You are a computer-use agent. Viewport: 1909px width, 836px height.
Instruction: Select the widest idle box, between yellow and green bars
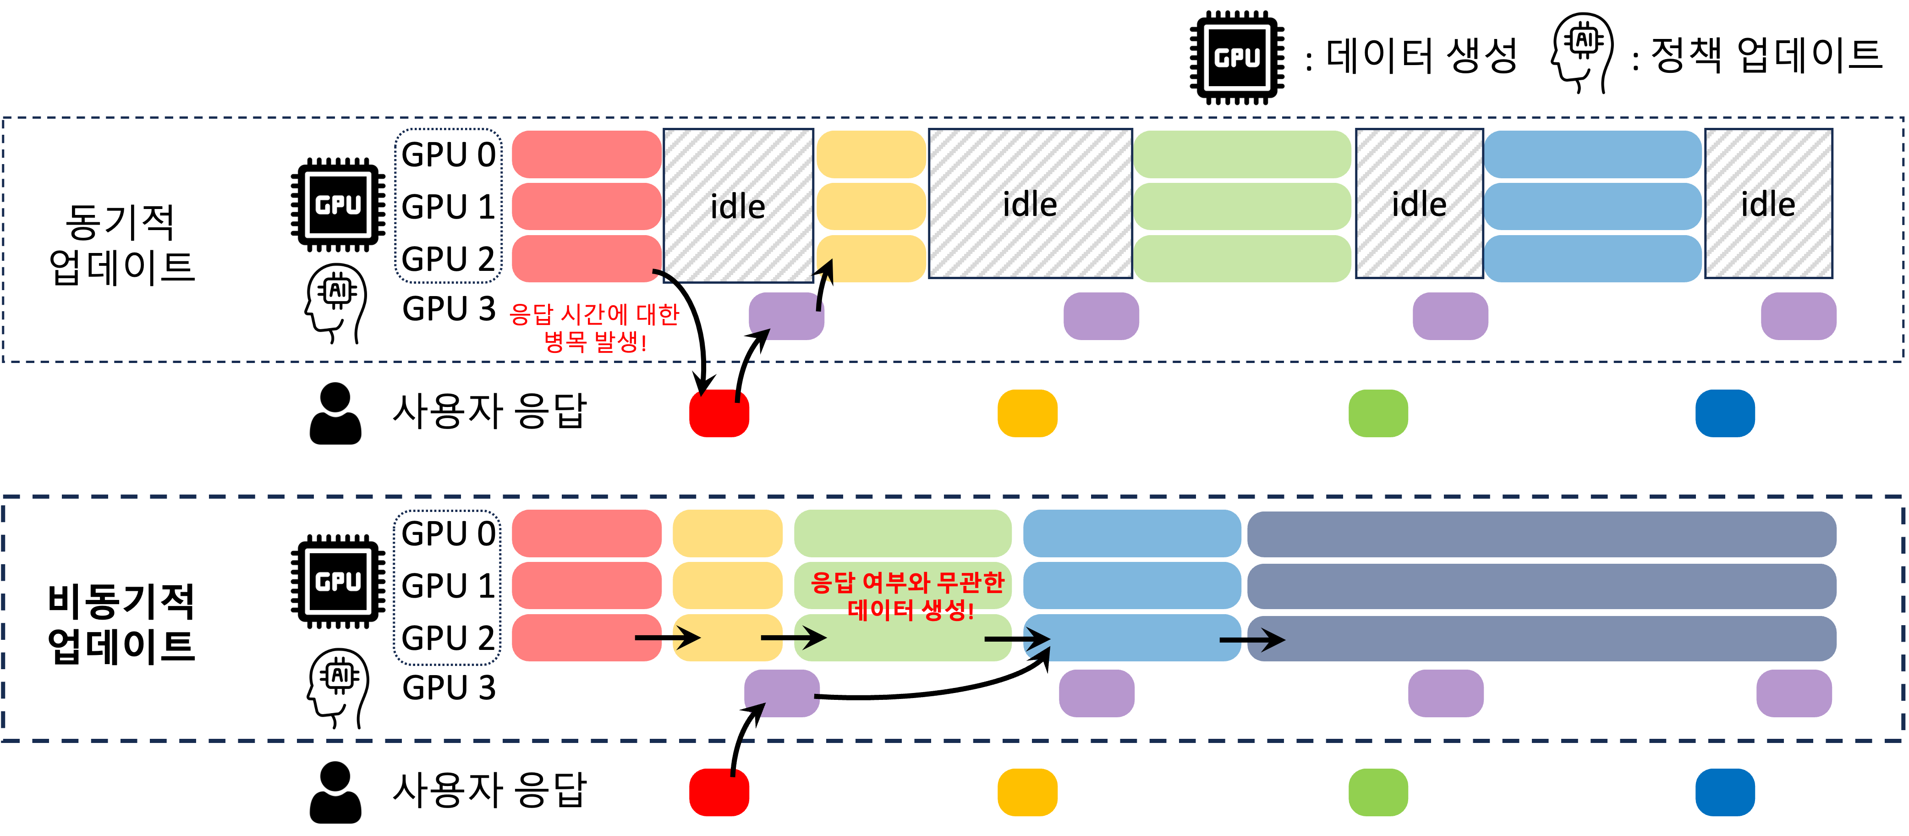[1030, 204]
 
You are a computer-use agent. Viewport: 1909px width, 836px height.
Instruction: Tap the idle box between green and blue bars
[1418, 204]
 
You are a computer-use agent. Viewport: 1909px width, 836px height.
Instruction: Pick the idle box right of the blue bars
[1768, 204]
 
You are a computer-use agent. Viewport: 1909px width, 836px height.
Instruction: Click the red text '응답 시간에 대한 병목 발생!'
[594, 328]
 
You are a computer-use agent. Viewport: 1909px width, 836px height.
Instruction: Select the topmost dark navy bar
[1541, 533]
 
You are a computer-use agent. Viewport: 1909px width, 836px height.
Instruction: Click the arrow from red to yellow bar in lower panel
[667, 638]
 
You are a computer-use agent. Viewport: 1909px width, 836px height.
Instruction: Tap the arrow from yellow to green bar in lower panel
[793, 638]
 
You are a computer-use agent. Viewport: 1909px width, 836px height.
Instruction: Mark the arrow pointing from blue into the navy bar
[1252, 639]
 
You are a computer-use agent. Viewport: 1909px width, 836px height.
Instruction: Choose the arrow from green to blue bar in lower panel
[1017, 639]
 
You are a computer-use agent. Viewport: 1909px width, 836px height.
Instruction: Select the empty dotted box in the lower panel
[447, 587]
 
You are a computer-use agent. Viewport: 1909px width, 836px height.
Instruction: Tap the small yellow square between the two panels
[1027, 413]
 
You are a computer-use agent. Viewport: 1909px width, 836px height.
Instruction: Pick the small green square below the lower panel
[1377, 792]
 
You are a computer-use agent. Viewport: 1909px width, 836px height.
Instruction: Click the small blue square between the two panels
[1724, 413]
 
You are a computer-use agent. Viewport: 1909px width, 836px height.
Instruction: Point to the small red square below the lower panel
[719, 792]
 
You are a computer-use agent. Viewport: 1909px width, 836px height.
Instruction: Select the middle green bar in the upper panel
[1242, 206]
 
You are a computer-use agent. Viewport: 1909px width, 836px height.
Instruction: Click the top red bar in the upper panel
[586, 154]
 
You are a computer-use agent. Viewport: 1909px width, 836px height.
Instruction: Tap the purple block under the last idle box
[1798, 316]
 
